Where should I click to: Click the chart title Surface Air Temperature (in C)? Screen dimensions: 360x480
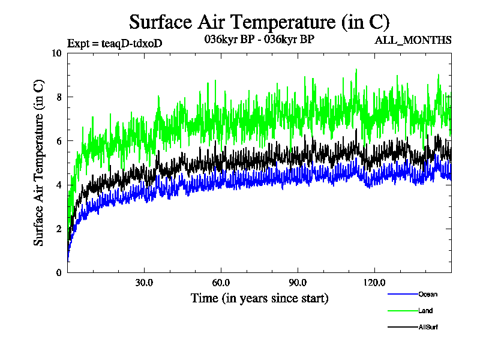click(x=259, y=22)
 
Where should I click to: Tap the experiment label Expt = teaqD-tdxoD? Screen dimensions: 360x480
click(x=115, y=43)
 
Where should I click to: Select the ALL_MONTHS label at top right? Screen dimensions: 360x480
click(x=413, y=41)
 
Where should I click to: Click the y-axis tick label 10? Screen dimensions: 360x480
click(x=56, y=53)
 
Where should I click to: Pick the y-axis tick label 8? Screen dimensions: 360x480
click(x=59, y=97)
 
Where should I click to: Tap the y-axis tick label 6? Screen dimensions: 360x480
click(x=59, y=141)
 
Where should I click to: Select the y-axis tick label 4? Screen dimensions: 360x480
click(x=59, y=185)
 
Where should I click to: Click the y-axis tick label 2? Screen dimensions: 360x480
click(x=59, y=229)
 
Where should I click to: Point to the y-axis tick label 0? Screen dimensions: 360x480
click(x=59, y=272)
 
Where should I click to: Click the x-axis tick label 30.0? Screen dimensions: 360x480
click(x=144, y=283)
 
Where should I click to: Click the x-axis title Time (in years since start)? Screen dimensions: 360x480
click(x=259, y=298)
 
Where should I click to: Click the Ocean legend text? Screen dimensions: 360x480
click(x=428, y=294)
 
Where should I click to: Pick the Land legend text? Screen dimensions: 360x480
click(x=425, y=311)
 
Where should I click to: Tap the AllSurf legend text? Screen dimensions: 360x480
click(x=428, y=327)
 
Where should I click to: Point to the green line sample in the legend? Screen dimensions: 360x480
click(x=403, y=311)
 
